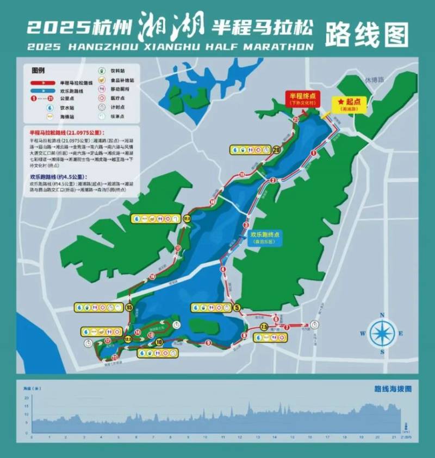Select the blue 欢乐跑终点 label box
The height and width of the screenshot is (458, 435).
[x=264, y=238]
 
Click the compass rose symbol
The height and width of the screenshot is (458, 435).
[x=383, y=334]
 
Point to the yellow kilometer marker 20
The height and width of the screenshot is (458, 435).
[x=276, y=149]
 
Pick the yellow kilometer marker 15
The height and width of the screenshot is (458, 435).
[x=129, y=307]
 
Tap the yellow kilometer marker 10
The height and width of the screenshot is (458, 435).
[x=159, y=342]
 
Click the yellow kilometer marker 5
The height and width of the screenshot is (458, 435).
[x=237, y=308]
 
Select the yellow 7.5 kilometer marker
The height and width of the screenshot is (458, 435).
[x=264, y=327]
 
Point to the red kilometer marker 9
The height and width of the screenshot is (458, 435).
[x=208, y=342]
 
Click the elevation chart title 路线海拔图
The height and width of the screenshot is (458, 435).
[x=393, y=389]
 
